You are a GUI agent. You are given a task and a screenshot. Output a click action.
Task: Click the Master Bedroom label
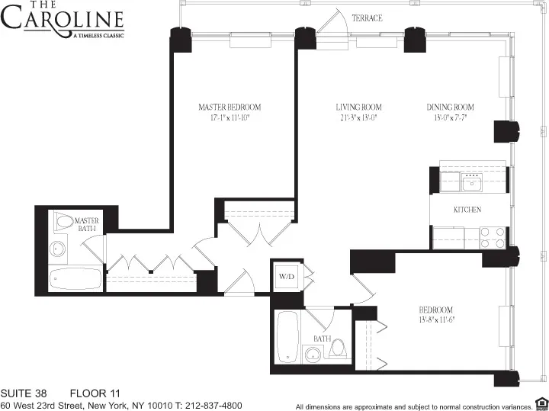pyautogui.click(x=230, y=107)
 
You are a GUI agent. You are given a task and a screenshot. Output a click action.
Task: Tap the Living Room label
pyautogui.click(x=358, y=107)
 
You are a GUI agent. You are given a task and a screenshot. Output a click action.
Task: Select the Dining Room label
pyautogui.click(x=450, y=107)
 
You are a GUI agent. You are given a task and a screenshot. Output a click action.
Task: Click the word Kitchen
pyautogui.click(x=467, y=210)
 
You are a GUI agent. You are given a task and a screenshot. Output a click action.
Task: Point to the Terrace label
pyautogui.click(x=367, y=18)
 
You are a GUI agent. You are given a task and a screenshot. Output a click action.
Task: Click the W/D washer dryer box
pyautogui.click(x=286, y=275)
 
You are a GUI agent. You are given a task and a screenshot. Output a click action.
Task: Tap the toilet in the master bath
pyautogui.click(x=65, y=221)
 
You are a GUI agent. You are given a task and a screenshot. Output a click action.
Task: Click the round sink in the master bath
pyautogui.click(x=57, y=249)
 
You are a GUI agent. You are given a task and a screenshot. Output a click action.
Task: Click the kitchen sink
pyautogui.click(x=473, y=181)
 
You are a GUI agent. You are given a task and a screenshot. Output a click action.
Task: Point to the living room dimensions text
pyautogui.click(x=358, y=117)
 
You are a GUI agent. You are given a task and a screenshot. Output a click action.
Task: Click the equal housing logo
pyautogui.click(x=541, y=403)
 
